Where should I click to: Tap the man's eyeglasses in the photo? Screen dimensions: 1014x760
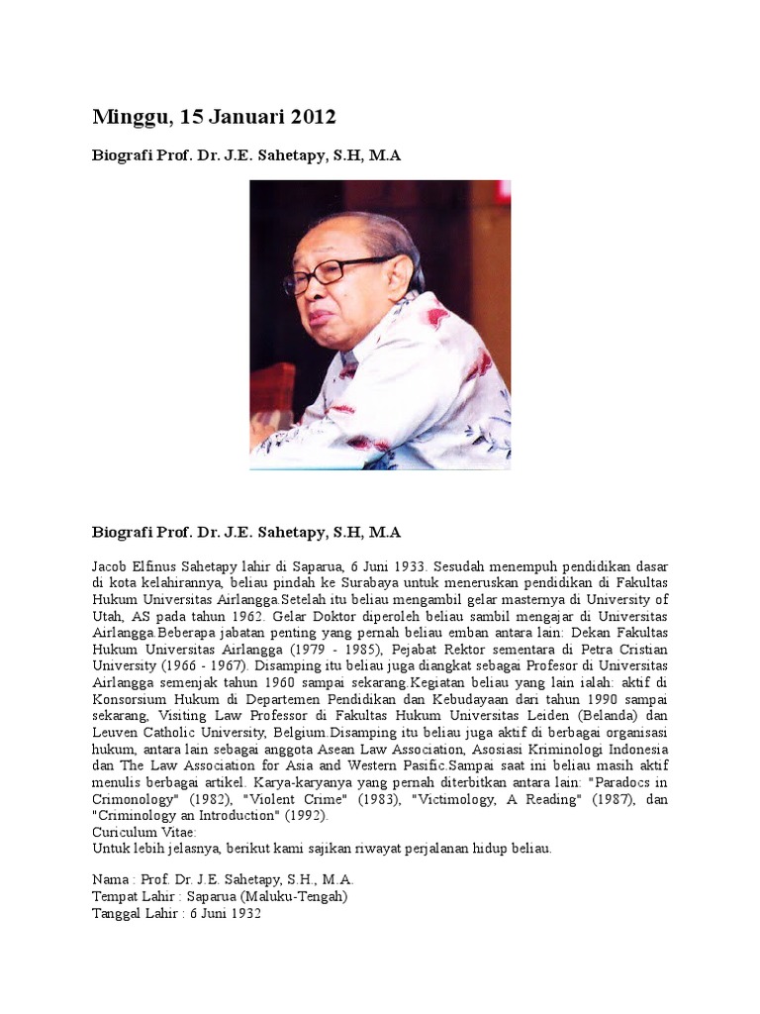pyautogui.click(x=336, y=272)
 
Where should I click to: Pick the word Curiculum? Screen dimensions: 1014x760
pyautogui.click(x=126, y=833)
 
